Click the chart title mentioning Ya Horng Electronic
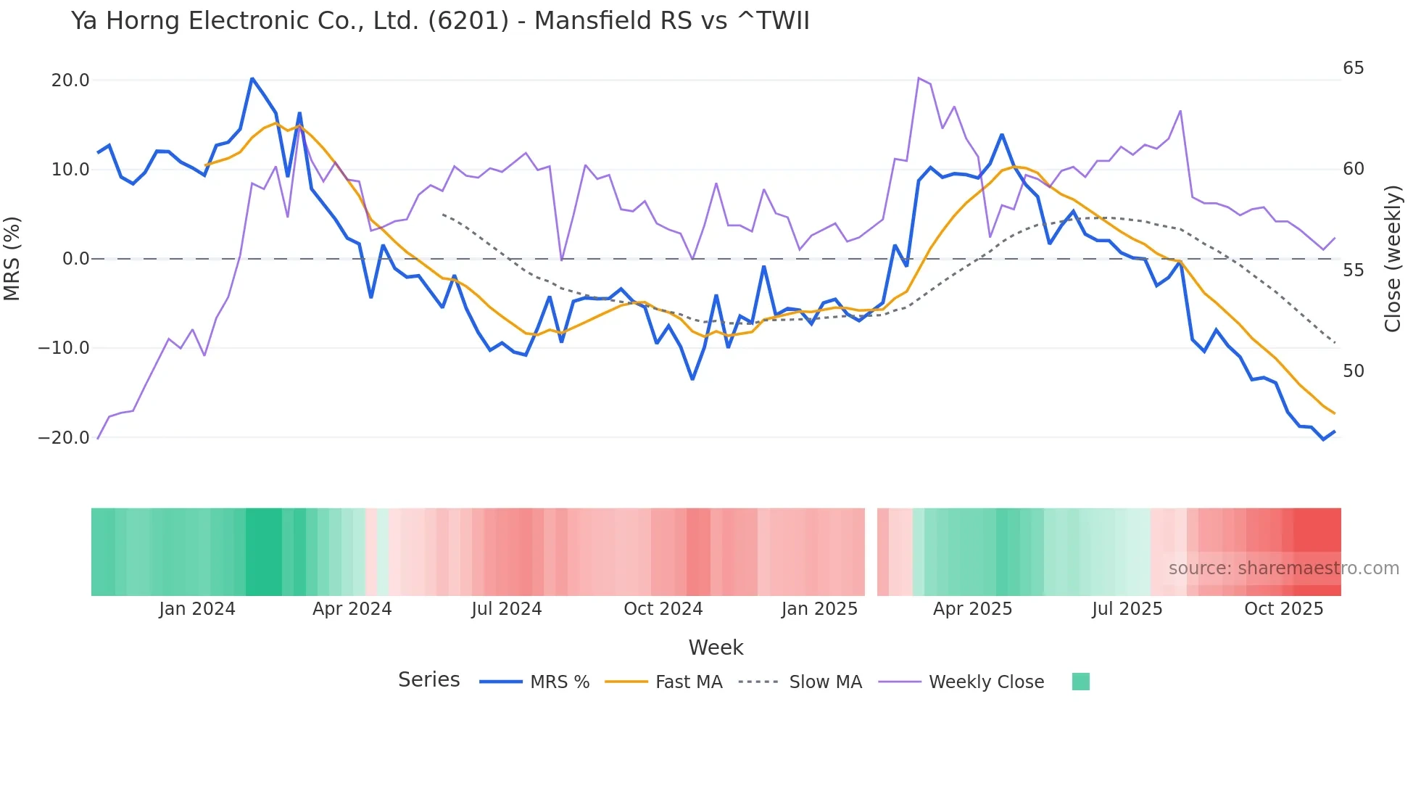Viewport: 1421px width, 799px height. [440, 21]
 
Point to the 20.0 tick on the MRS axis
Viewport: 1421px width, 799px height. [70, 80]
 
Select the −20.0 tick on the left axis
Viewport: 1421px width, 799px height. [64, 438]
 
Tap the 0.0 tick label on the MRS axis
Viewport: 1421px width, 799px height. [75, 259]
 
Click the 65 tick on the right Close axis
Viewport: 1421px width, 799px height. [1353, 68]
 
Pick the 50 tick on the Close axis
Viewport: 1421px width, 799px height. [1353, 371]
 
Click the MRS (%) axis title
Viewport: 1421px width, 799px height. [12, 259]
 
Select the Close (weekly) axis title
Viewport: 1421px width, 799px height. [1392, 259]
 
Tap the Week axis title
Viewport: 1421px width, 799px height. [716, 647]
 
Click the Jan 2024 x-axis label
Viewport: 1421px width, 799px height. [197, 609]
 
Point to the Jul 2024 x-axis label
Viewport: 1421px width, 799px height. [507, 609]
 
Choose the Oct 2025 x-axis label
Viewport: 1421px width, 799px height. [1283, 609]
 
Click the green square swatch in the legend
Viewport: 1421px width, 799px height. [1080, 682]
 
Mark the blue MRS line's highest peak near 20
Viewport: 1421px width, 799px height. [252, 78]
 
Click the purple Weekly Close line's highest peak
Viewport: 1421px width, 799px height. [919, 78]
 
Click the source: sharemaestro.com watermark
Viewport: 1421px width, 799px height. [1283, 568]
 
